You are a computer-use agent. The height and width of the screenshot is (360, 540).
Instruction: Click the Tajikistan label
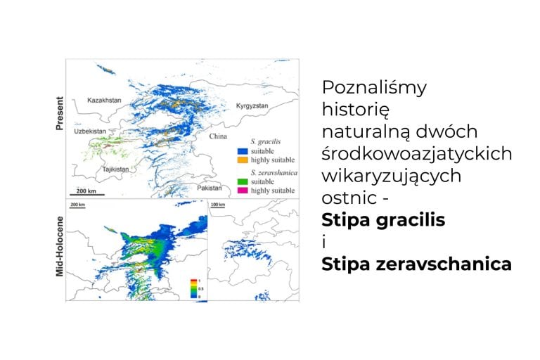coord(97,169)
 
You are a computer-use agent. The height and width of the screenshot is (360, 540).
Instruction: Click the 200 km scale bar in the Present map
coord(86,193)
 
